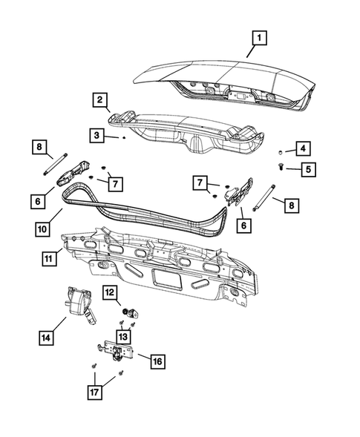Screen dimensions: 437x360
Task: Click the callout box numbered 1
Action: coord(258,36)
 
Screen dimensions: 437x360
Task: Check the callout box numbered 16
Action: coord(157,361)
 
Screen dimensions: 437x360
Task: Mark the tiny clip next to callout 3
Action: coord(124,138)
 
